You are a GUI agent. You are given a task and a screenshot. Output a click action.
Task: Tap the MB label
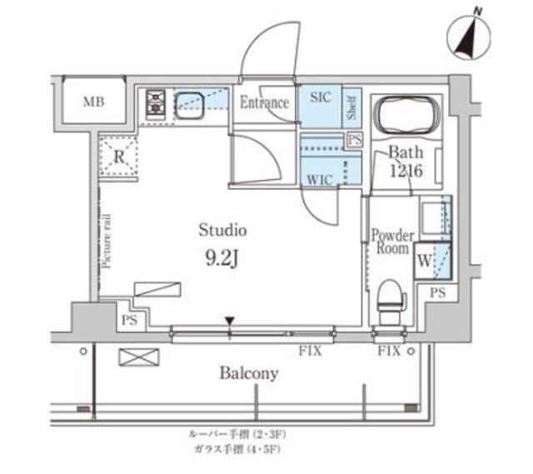tap(93, 102)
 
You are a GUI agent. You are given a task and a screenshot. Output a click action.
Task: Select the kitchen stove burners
tap(156, 103)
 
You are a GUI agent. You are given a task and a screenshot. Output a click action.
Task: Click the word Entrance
tap(264, 103)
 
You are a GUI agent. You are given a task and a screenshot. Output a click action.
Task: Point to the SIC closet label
tap(320, 97)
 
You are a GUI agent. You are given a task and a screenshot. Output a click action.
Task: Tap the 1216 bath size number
tap(406, 170)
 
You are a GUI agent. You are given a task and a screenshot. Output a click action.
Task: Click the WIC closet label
tap(319, 177)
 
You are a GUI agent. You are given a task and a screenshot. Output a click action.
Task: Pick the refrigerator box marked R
tap(119, 155)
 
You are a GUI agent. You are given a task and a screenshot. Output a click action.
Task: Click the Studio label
tap(222, 229)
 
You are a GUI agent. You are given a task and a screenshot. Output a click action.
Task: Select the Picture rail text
tap(107, 240)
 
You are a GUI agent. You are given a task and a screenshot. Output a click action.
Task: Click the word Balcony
tap(248, 373)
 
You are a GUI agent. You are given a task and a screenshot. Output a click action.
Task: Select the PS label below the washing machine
tap(438, 292)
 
